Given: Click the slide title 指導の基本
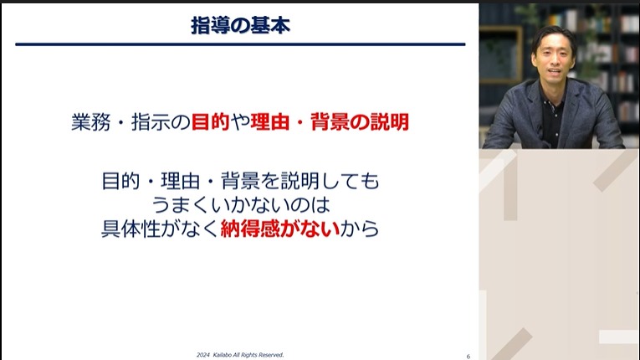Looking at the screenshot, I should tap(240, 25).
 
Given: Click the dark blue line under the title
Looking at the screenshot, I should tap(240, 44).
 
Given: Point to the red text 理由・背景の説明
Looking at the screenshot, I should tap(330, 123).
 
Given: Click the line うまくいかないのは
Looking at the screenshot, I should tap(240, 204).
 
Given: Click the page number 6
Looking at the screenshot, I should tap(468, 356).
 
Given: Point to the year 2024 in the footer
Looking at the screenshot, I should tap(203, 355).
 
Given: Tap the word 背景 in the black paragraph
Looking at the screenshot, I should tap(248, 181).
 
